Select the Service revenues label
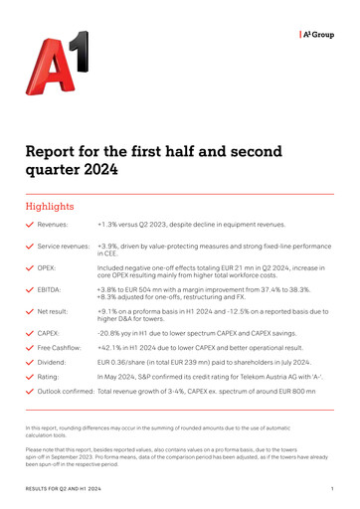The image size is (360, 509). click(x=65, y=245)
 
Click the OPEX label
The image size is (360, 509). click(x=47, y=268)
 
